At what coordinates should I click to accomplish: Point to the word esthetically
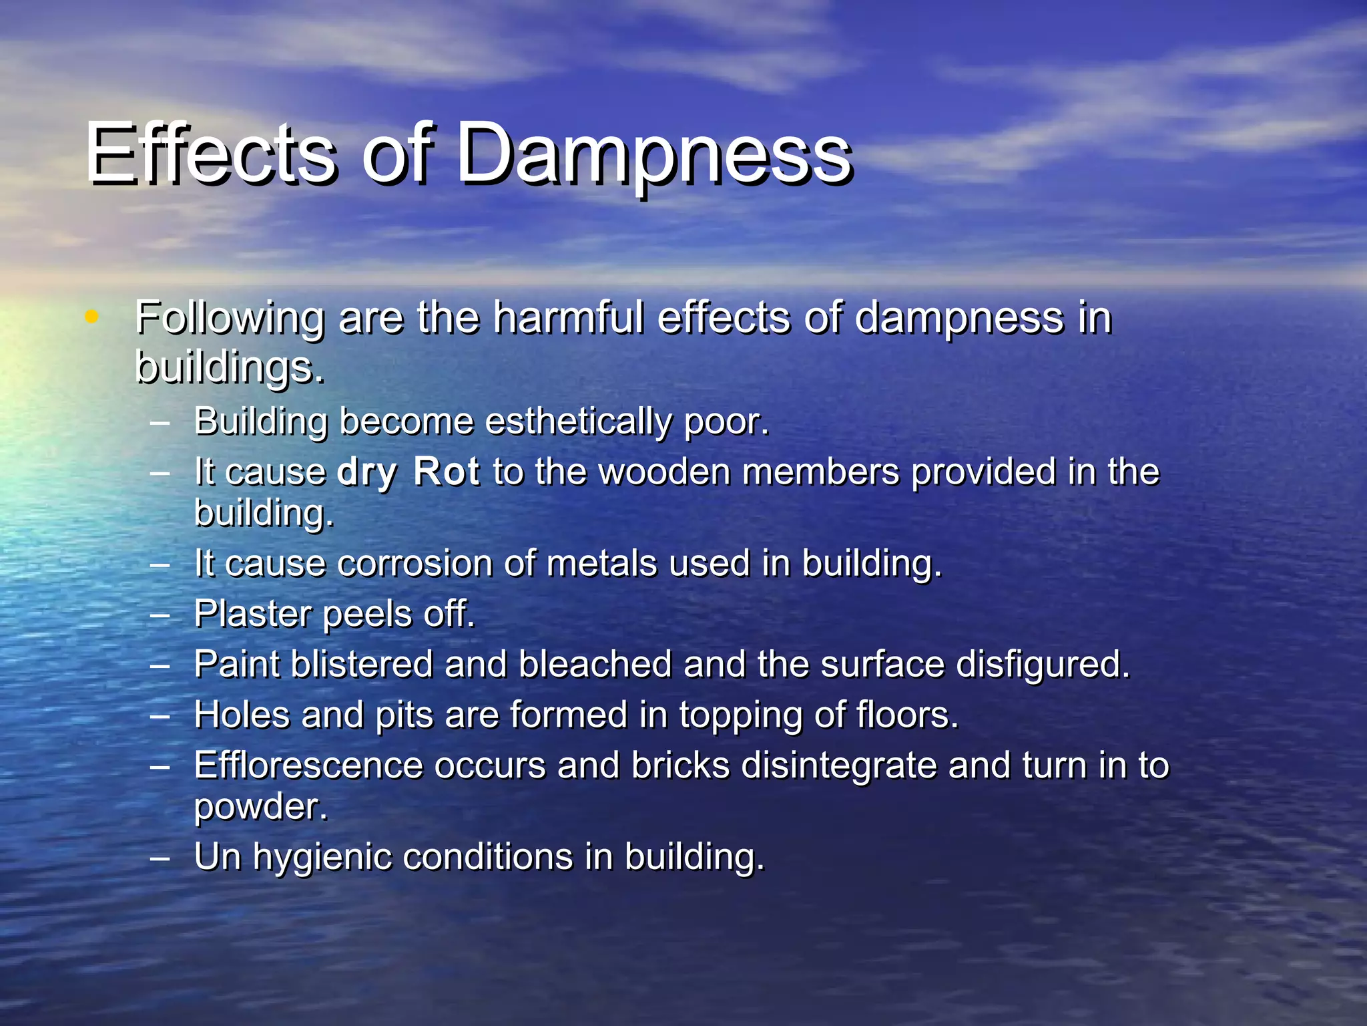[x=579, y=422]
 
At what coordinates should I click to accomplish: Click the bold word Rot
[x=446, y=472]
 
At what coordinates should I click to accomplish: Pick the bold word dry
[x=367, y=473]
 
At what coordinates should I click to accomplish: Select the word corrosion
[x=415, y=563]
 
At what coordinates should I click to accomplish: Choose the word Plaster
[x=253, y=614]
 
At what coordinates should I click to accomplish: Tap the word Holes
[x=242, y=715]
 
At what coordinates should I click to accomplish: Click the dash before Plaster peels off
[x=160, y=615]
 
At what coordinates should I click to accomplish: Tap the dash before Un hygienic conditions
[x=160, y=857]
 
